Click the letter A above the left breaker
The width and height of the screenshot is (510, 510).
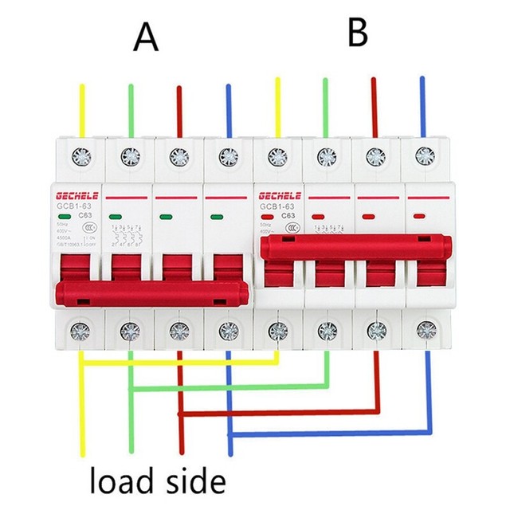tap(146, 37)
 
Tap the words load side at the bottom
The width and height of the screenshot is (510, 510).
tap(158, 481)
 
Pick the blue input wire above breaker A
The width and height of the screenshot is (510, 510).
tap(229, 108)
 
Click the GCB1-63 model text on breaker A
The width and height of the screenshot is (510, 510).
tap(73, 205)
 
